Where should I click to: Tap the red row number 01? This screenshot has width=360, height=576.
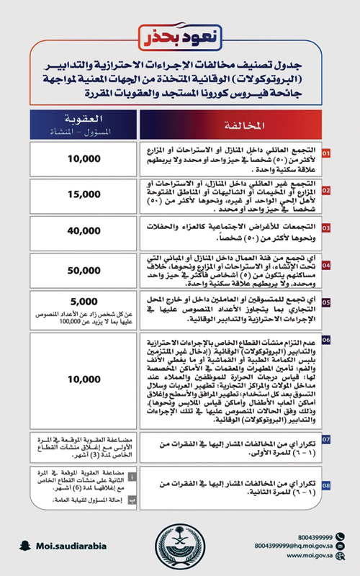(x=326, y=154)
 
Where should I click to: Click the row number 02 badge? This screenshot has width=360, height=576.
(x=326, y=190)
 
